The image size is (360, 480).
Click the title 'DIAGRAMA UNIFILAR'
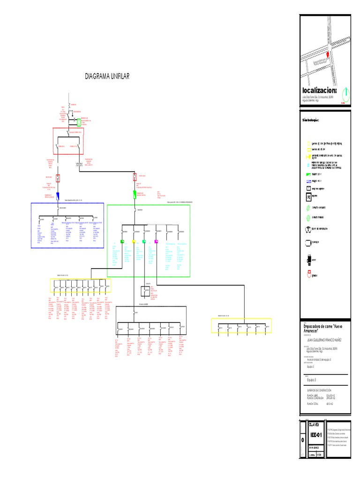(x=107, y=76)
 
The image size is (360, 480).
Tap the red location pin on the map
(x=328, y=54)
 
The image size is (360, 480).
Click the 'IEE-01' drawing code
(x=315, y=435)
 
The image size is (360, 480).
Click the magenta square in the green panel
(x=157, y=242)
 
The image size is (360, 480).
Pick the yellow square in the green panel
(x=134, y=242)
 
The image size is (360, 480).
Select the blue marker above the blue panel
(x=57, y=196)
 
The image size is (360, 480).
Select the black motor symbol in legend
(x=309, y=259)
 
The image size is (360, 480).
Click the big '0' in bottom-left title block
(x=303, y=440)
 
